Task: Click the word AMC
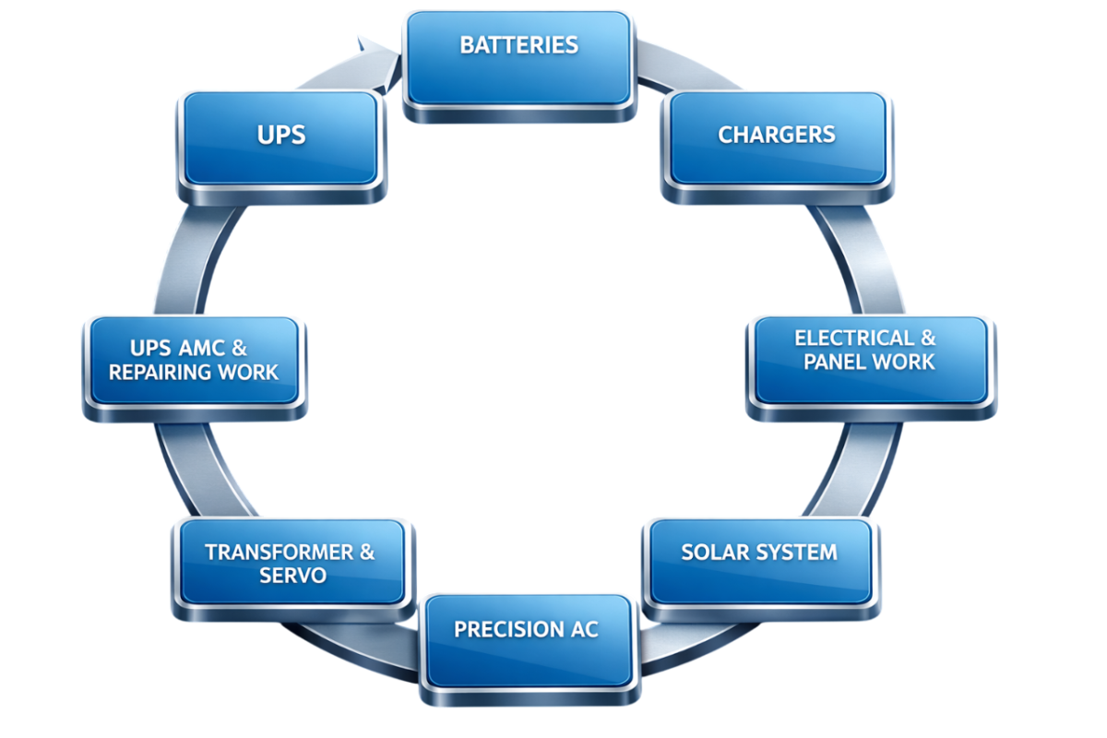(x=203, y=349)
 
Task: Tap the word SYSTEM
(x=797, y=552)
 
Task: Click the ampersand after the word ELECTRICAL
(x=926, y=338)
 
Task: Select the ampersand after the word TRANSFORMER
(x=367, y=552)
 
